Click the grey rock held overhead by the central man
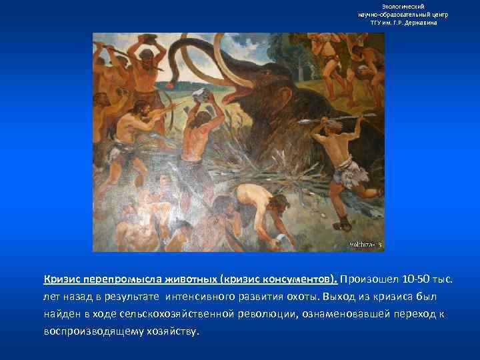coord(201,99)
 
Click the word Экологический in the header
coord(407,6)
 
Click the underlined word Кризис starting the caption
coord(65,278)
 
